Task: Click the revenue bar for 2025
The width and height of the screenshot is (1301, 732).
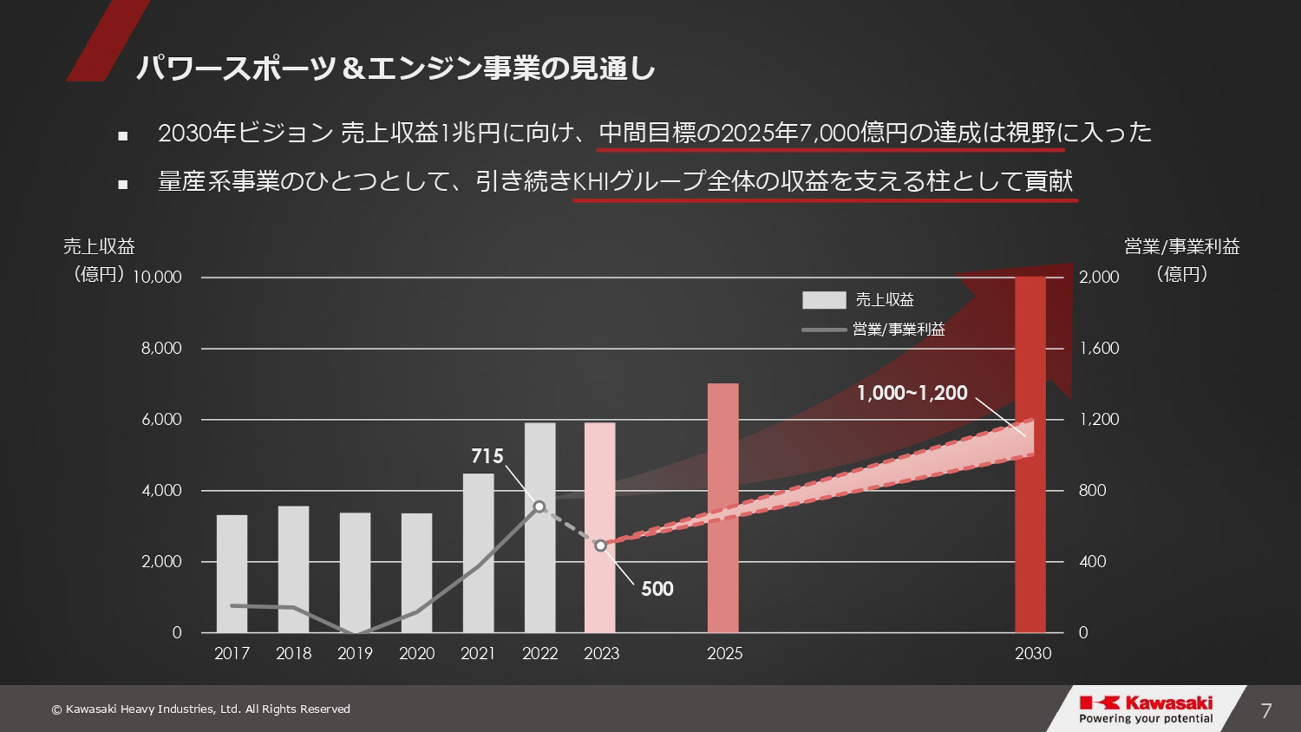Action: [723, 508]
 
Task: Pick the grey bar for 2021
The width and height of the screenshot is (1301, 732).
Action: [478, 552]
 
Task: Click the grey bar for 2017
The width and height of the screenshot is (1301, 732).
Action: [232, 573]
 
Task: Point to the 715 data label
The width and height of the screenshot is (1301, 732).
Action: [487, 456]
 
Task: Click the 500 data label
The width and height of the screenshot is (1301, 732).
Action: [657, 589]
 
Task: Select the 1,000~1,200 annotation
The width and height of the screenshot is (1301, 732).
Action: [912, 393]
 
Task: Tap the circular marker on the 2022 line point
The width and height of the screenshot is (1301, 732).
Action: [539, 507]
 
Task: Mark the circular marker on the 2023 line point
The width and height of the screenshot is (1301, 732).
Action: [600, 546]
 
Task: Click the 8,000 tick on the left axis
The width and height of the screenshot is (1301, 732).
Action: [161, 348]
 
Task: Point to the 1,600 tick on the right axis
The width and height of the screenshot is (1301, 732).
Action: [1099, 348]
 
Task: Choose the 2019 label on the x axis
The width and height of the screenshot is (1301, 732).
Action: [355, 653]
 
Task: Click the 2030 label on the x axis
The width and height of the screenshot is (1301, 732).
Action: [1033, 653]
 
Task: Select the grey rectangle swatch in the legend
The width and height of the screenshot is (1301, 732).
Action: [824, 300]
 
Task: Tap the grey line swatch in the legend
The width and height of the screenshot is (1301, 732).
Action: [824, 330]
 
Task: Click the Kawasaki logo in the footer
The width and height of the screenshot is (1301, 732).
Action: [1146, 709]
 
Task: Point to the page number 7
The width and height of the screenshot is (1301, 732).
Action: [1266, 710]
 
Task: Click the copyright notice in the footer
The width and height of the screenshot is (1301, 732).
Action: [201, 709]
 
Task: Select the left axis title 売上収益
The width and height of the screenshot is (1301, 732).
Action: [99, 247]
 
